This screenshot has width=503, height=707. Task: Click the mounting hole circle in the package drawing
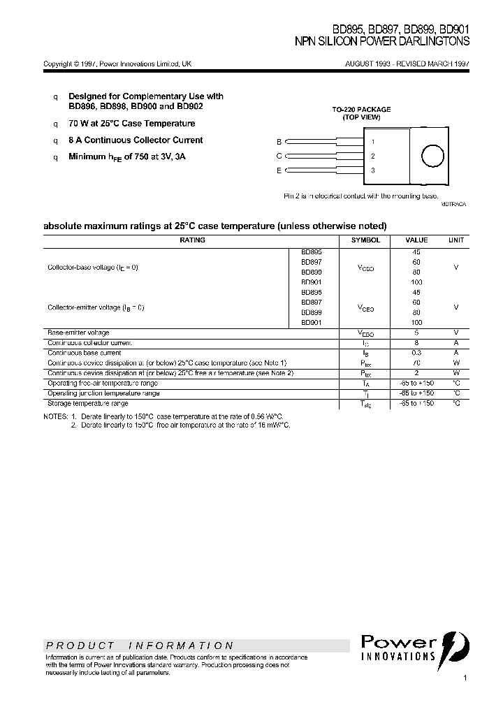click(x=432, y=156)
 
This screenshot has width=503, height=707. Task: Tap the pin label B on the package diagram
click(x=279, y=141)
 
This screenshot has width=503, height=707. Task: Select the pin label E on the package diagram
click(x=279, y=170)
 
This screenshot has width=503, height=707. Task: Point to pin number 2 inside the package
click(x=373, y=156)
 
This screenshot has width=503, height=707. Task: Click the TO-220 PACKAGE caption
click(x=361, y=110)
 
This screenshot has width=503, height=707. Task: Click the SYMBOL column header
click(x=365, y=240)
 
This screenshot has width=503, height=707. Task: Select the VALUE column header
click(x=416, y=240)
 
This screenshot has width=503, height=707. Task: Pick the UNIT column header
click(x=455, y=240)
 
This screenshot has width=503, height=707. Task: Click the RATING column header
click(x=192, y=240)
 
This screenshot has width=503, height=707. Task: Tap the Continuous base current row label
click(x=84, y=353)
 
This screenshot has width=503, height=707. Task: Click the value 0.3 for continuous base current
click(x=416, y=353)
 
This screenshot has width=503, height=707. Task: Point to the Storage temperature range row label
click(x=87, y=404)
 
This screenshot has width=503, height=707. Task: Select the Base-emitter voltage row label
click(x=78, y=333)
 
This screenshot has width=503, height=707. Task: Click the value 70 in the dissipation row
click(x=416, y=363)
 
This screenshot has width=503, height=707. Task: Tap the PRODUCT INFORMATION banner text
click(x=140, y=646)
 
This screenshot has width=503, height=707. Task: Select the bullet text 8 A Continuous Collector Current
click(x=136, y=140)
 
